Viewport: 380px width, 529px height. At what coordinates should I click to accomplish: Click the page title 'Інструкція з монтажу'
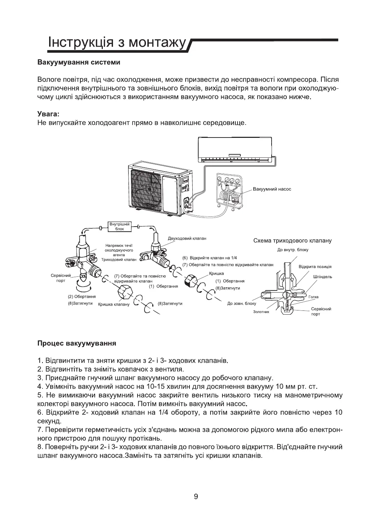pos(116,43)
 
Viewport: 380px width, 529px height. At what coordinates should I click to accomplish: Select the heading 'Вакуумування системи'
pos(79,62)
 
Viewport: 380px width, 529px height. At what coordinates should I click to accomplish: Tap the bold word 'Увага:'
pos(48,114)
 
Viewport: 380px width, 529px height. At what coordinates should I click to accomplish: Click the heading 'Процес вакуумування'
pos(76,343)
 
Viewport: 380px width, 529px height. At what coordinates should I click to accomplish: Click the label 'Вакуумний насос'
pos(272,189)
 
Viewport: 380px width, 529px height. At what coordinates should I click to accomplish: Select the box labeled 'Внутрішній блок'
pos(119,226)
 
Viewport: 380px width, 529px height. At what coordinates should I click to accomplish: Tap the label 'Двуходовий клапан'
pos(187,238)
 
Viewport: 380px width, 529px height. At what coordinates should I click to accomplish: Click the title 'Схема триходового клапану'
pos(292,241)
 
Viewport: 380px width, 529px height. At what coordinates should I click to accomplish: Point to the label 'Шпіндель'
pos(322,276)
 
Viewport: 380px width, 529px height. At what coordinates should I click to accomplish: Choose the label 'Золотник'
pos(261,312)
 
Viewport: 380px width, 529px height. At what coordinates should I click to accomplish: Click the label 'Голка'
pos(313,297)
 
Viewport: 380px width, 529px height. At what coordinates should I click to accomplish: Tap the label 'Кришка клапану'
pos(113,304)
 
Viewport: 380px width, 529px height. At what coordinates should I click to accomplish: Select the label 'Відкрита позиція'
pos(315,267)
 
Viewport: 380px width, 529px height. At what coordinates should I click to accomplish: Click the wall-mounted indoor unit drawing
pos(235,150)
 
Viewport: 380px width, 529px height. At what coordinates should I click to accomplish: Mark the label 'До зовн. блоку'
pos(242,303)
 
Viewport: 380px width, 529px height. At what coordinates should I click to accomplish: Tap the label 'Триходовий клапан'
pos(116,260)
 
